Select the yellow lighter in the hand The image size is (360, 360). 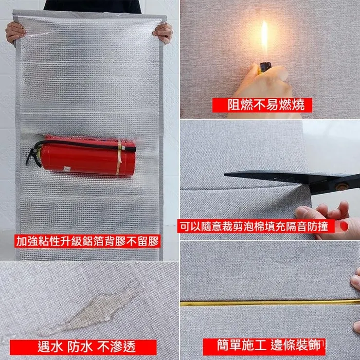tap(265, 68)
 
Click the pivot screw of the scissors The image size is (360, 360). tap(342, 186)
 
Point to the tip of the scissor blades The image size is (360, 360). tap(225, 175)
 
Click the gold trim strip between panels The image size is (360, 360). tap(270, 303)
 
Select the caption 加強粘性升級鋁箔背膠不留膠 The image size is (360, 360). tap(88, 241)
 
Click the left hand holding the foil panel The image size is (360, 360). tap(15, 33)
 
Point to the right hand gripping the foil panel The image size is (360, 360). tap(163, 33)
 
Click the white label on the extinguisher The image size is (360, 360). tap(67, 169)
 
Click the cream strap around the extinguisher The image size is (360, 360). tap(119, 157)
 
